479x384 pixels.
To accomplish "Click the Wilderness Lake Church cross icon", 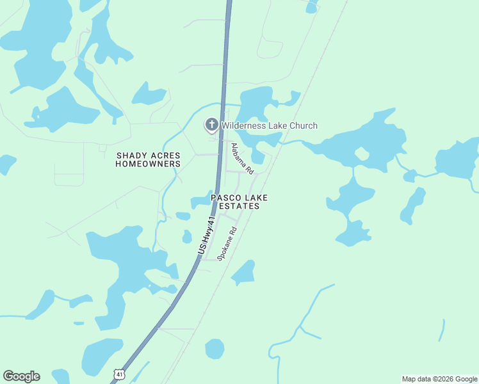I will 211,125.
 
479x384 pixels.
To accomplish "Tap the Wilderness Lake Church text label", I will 269,125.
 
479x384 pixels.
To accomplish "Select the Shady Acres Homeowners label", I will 148,160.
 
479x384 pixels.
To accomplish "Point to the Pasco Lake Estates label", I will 239,202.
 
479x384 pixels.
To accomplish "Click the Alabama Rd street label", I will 242,159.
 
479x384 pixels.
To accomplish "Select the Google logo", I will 21,376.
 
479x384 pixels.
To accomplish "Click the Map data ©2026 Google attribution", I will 439,379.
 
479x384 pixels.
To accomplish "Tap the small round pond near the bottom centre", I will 215,349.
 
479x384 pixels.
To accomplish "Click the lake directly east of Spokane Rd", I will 244,273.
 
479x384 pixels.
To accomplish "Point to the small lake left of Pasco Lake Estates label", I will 201,202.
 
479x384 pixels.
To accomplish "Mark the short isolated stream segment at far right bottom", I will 442,330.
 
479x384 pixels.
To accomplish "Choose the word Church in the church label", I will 303,125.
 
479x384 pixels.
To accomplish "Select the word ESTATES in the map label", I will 239,207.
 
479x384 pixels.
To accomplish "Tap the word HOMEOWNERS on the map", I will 148,164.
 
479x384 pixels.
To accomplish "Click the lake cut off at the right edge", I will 458,159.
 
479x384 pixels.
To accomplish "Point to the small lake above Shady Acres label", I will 149,95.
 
